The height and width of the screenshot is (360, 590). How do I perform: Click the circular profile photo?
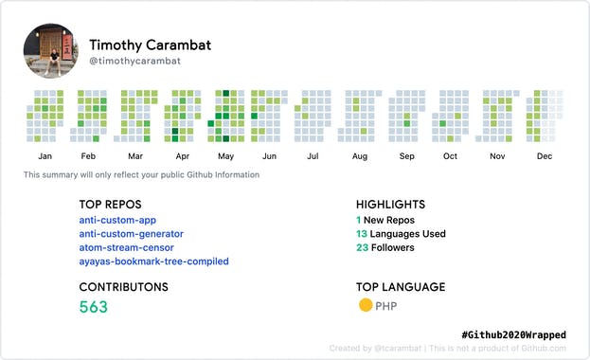50,51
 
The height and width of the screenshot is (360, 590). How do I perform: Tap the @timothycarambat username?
134,61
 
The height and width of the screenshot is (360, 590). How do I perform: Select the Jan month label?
45,156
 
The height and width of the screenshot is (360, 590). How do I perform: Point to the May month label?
226,156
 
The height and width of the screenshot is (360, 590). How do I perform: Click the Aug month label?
360,156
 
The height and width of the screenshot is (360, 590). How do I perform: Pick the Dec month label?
545,156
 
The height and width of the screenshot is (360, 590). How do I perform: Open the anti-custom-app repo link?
117,220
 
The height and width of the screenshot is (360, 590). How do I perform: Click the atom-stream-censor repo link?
126,247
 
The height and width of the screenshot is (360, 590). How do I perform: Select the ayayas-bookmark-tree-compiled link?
153,261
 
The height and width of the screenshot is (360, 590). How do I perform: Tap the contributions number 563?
94,307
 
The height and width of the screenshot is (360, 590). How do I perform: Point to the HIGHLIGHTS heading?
390,204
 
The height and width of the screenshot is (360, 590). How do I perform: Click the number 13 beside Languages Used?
362,234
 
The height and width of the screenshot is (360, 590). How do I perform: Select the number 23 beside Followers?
362,247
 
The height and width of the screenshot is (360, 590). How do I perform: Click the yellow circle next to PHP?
365,305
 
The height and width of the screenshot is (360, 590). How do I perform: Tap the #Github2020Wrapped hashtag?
519,335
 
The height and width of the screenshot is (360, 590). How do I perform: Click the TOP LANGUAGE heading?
401,287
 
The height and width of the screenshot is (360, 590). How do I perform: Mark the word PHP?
386,306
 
